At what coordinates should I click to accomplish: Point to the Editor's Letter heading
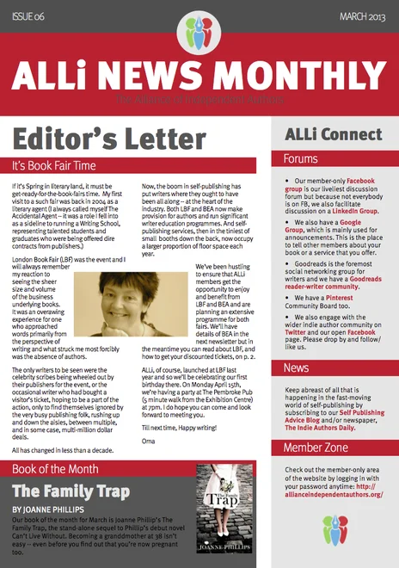tap(101, 136)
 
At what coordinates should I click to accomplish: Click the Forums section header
tap(301, 159)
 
